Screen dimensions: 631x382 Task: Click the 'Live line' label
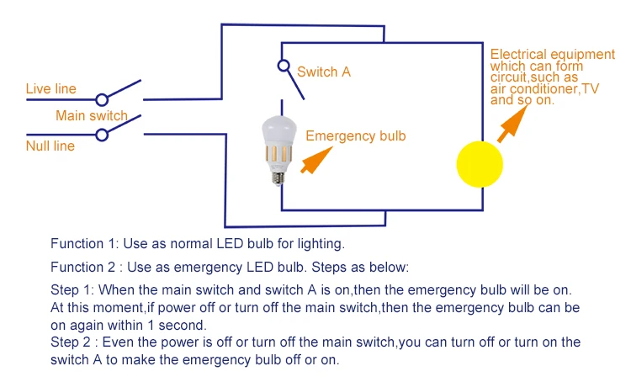(51, 88)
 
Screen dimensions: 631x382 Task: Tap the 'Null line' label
(50, 146)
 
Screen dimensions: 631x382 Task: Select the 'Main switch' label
(92, 115)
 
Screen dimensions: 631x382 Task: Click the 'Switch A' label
(324, 72)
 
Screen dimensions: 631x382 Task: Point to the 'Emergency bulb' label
(356, 136)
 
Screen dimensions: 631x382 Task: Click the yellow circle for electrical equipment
(480, 164)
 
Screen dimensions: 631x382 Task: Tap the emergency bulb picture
(278, 150)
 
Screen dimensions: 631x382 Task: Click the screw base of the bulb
(278, 178)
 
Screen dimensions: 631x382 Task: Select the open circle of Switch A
(284, 66)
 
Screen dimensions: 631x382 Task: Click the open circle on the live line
(102, 99)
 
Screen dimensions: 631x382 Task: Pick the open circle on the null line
(102, 135)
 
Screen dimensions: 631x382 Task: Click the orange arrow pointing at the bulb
(316, 160)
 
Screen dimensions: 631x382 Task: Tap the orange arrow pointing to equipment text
(512, 124)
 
